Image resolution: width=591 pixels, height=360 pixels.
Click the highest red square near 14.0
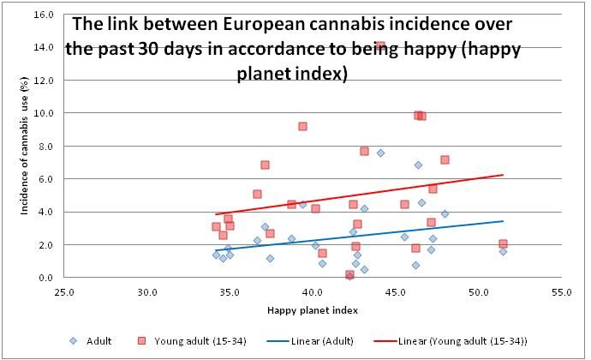click(380, 46)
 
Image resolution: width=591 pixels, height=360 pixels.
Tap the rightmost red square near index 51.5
click(503, 243)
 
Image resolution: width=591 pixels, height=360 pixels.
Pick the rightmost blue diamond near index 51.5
click(503, 251)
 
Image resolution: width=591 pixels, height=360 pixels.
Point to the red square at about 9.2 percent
click(302, 126)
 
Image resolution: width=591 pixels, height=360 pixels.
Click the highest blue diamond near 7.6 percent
click(380, 153)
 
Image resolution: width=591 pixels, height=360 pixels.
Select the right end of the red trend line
click(503, 175)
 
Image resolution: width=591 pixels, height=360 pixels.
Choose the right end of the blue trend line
click(503, 221)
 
